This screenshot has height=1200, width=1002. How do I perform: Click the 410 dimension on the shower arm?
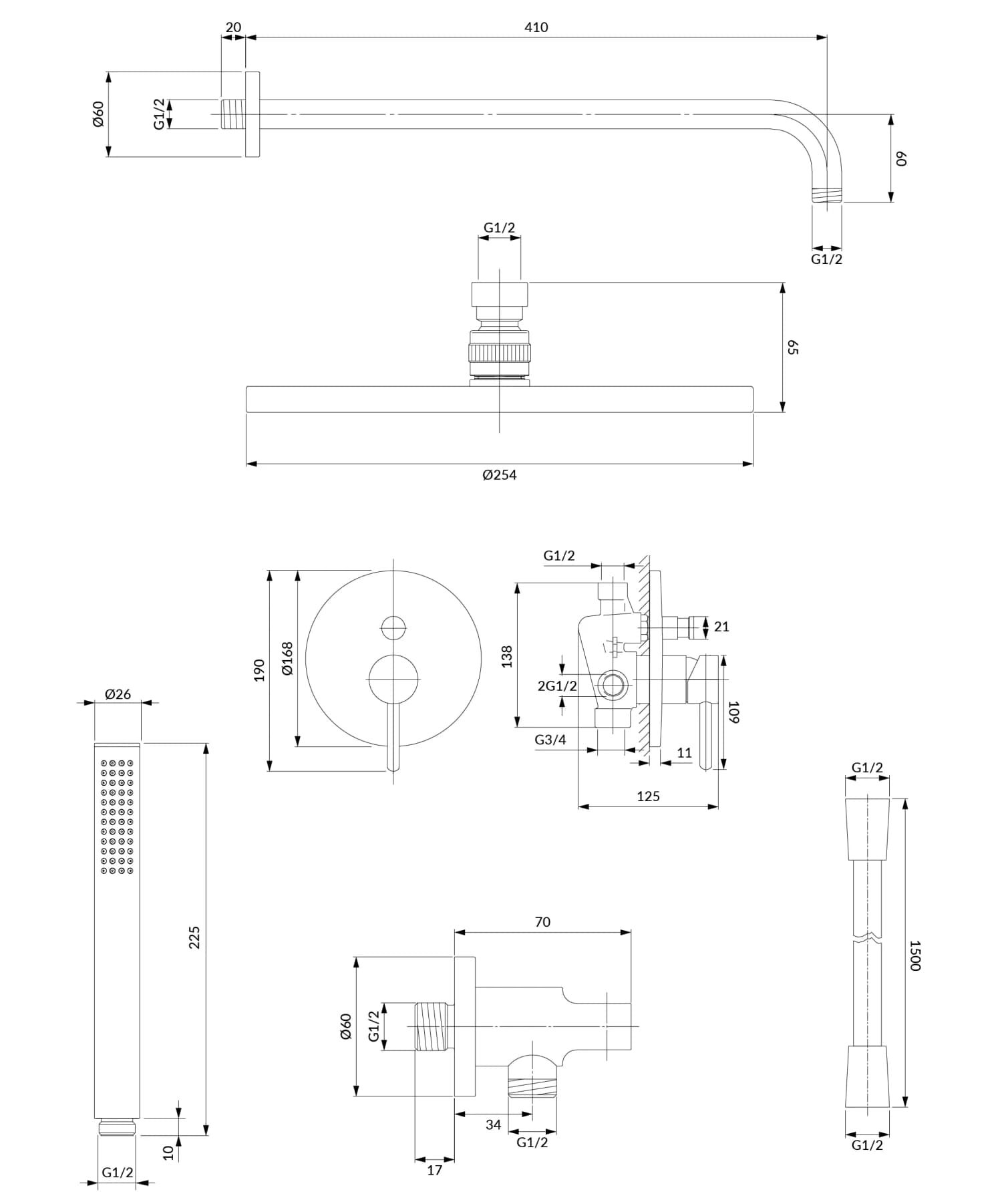click(x=536, y=27)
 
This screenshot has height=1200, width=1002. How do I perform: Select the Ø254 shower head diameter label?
click(x=499, y=475)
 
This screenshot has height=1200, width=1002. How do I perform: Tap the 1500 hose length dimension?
click(x=914, y=955)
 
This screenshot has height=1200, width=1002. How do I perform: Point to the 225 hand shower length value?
click(x=194, y=937)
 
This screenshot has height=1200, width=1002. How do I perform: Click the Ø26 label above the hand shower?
click(x=118, y=694)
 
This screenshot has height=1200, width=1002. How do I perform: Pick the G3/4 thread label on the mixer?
click(x=550, y=740)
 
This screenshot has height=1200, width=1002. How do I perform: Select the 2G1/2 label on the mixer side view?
click(x=557, y=686)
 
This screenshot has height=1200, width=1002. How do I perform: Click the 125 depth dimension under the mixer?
click(x=648, y=796)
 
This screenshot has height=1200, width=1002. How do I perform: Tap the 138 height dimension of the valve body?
click(x=506, y=656)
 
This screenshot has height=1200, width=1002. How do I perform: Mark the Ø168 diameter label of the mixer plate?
click(x=287, y=658)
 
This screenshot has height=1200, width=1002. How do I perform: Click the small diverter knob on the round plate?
click(x=393, y=627)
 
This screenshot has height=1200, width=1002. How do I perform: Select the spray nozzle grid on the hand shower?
click(x=118, y=816)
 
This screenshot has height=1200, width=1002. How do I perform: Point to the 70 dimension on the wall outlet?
click(x=542, y=922)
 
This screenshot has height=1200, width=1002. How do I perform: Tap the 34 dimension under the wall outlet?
click(x=493, y=1124)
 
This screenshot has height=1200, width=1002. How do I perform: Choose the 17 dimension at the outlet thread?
click(x=434, y=1170)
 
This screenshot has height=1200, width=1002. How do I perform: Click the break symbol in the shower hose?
click(x=867, y=936)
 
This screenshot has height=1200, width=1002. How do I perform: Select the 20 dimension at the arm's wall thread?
click(x=233, y=27)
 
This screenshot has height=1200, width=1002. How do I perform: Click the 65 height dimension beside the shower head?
click(x=792, y=347)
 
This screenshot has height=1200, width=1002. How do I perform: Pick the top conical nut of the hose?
click(x=867, y=829)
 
